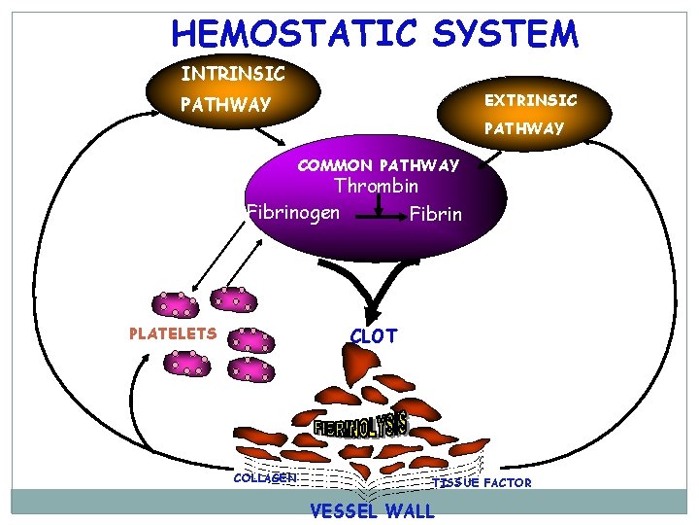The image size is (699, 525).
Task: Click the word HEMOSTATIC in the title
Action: point(295,34)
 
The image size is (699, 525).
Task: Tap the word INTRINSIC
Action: point(233,73)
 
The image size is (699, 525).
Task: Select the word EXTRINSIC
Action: point(531,99)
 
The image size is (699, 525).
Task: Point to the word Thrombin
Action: point(376,186)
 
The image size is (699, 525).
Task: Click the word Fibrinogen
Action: point(293,211)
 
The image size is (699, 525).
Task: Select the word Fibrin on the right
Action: point(435,213)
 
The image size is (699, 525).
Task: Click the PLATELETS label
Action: point(173,333)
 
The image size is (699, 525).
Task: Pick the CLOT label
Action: point(374,336)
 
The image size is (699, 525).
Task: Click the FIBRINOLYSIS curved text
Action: point(360,425)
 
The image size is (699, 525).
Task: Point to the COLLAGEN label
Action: point(265,477)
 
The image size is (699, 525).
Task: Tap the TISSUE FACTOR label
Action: point(483,482)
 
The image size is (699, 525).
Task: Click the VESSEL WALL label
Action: point(372,511)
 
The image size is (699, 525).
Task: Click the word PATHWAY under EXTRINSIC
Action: point(523,128)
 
